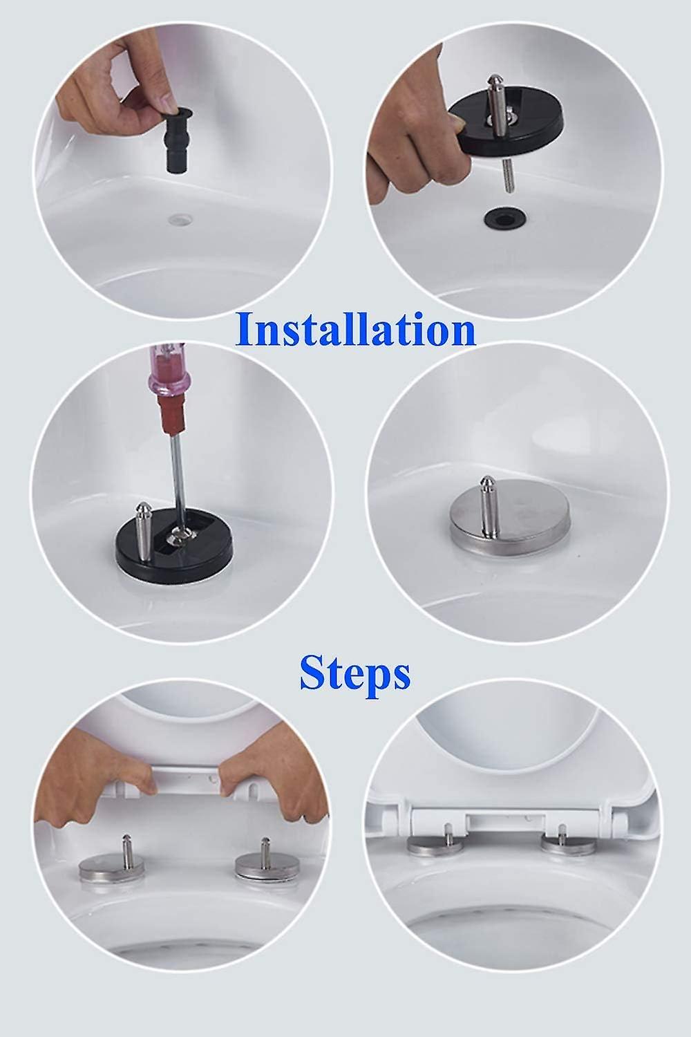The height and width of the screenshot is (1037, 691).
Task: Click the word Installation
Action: click(355, 330)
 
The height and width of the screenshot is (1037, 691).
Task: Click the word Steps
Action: click(354, 673)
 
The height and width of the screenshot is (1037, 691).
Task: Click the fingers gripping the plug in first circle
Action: click(114, 97)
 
